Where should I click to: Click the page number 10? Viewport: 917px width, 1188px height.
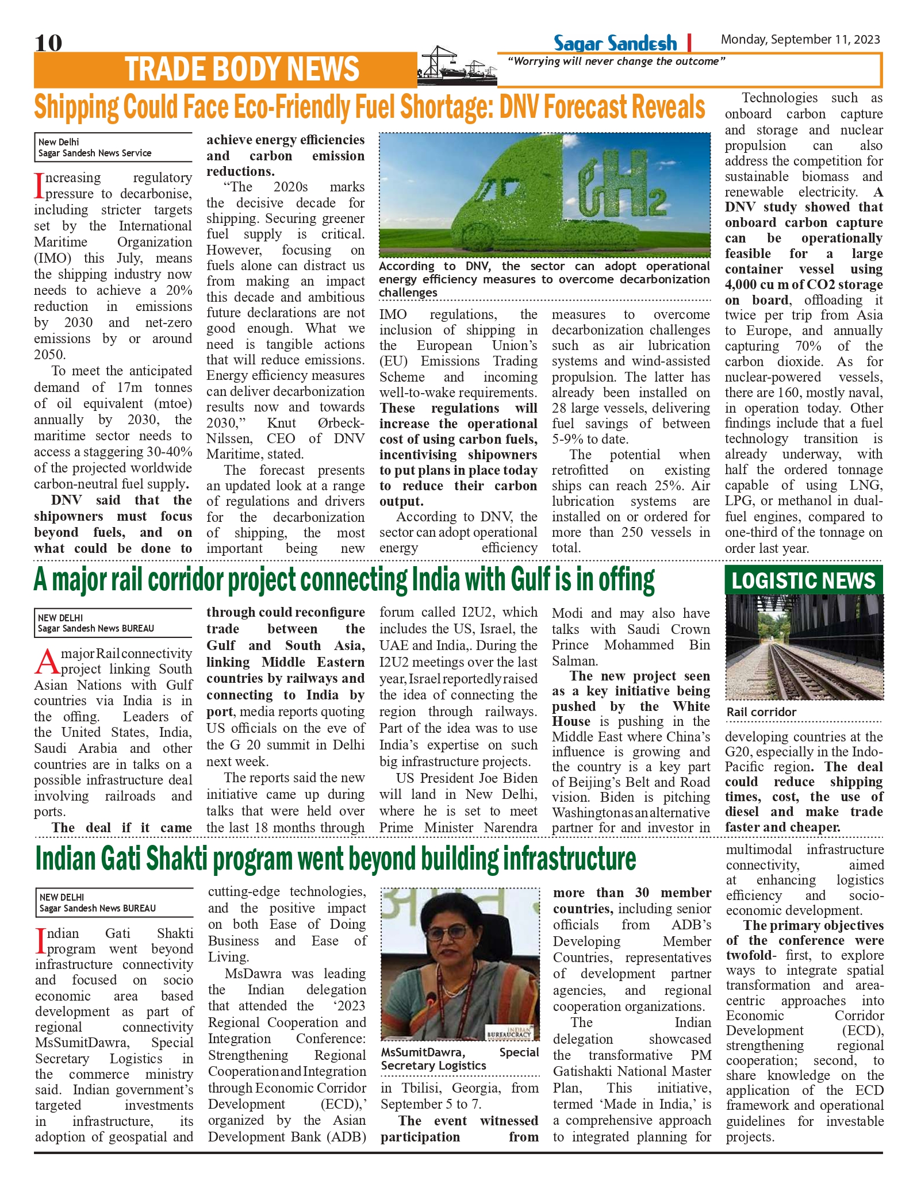pyautogui.click(x=48, y=43)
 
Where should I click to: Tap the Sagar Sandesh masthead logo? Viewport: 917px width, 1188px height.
pyautogui.click(x=615, y=43)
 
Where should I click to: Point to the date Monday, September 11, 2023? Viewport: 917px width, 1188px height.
pyautogui.click(x=800, y=40)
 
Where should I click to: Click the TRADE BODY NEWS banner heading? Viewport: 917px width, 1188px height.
pyautogui.click(x=242, y=70)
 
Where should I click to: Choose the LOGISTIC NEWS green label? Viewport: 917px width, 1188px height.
pyautogui.click(x=803, y=580)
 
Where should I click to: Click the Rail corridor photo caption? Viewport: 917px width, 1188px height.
pyautogui.click(x=761, y=712)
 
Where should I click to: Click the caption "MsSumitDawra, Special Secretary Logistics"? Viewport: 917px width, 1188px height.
pyautogui.click(x=460, y=1059)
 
